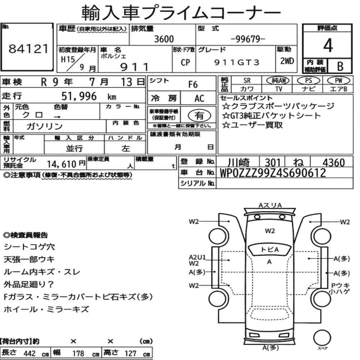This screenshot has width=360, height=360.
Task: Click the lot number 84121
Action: pos(29,49)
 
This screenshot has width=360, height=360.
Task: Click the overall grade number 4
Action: pos(328,45)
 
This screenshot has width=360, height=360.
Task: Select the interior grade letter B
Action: pos(340,66)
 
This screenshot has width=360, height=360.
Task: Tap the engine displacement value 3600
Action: pos(164,39)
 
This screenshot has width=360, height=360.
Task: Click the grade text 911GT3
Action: pos(237,62)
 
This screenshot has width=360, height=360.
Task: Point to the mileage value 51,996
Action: pos(79,96)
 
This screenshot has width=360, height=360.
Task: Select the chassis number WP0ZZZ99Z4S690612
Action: pos(273,173)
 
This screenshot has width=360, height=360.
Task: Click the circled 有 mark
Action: pos(199,116)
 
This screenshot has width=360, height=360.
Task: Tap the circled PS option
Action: pos(309,81)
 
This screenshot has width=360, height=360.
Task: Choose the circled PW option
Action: pos(338,80)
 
